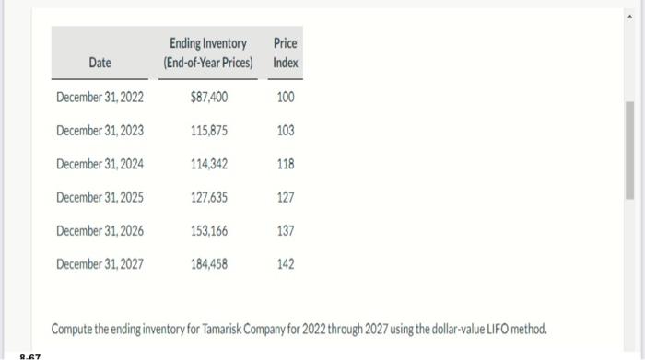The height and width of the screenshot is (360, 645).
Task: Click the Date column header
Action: [100, 63]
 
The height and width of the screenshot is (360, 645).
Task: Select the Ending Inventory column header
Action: [207, 53]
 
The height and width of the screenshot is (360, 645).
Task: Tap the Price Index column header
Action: [286, 53]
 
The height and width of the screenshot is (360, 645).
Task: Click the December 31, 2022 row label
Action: [100, 97]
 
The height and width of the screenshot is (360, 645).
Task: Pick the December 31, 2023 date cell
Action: [100, 131]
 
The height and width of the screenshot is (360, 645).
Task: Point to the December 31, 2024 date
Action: [100, 164]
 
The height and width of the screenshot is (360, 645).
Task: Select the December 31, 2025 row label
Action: [100, 197]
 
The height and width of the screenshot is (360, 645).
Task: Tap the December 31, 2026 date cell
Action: [100, 230]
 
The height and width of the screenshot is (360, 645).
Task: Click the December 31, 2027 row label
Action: [100, 264]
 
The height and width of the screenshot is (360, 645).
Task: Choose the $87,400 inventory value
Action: [209, 97]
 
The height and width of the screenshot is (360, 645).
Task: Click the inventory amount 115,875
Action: [209, 131]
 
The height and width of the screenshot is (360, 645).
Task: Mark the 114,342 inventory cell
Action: [209, 164]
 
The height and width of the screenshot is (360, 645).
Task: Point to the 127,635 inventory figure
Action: [209, 197]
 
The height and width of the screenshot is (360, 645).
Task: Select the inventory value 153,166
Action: [209, 230]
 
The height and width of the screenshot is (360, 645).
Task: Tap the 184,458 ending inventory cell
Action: [209, 264]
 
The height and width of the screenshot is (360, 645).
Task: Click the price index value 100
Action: [286, 97]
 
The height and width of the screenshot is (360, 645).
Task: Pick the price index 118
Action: [286, 164]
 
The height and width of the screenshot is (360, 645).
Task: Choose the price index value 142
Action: [286, 264]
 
